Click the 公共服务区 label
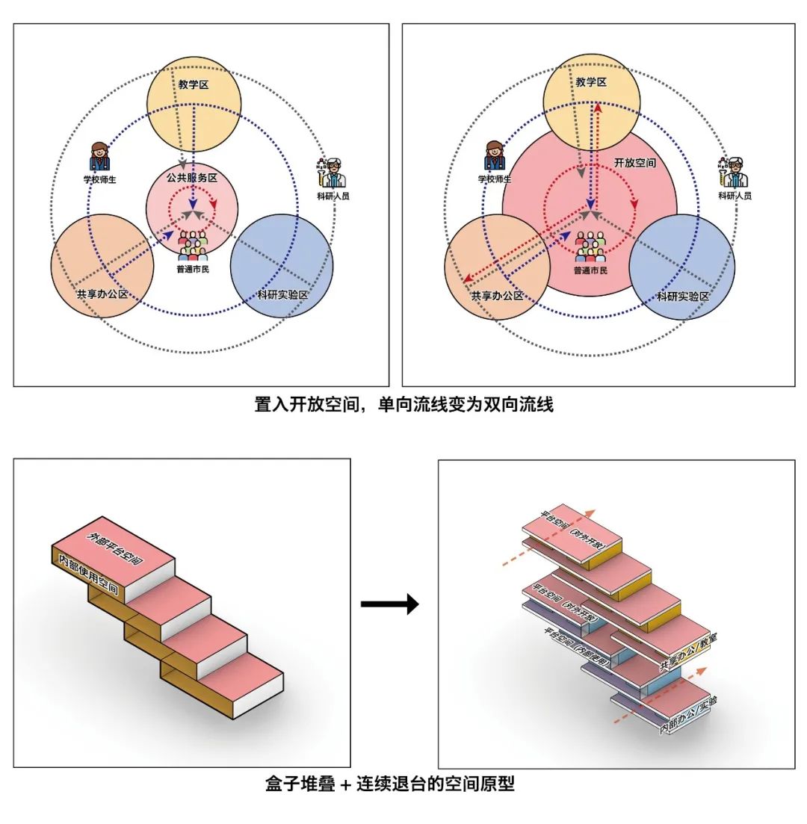click(x=192, y=178)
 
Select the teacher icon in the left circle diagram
click(x=99, y=158)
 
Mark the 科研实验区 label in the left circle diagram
click(x=282, y=294)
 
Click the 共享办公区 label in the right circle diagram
click(x=496, y=296)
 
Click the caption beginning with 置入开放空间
click(x=403, y=406)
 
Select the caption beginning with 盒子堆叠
click(x=390, y=784)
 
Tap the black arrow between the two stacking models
click(x=390, y=604)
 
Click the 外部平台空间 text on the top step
click(x=115, y=549)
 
